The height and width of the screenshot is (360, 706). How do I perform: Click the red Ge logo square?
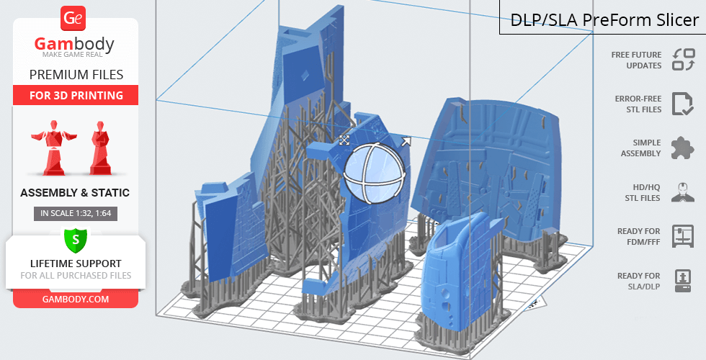pyautogui.click(x=73, y=19)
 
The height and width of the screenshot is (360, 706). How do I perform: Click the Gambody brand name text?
pyautogui.click(x=74, y=44)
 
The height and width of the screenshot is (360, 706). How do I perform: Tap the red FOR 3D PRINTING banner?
pyautogui.click(x=76, y=95)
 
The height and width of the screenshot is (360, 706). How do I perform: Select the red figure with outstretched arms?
pyautogui.click(x=54, y=147)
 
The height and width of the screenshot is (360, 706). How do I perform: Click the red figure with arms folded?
pyautogui.click(x=100, y=148)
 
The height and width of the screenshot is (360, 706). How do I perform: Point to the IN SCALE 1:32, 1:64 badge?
pyautogui.click(x=76, y=213)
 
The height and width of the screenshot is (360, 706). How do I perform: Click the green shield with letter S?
pyautogui.click(x=76, y=240)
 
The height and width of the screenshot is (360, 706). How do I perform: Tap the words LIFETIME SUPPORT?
pyautogui.click(x=76, y=264)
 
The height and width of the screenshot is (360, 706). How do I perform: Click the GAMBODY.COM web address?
pyautogui.click(x=76, y=300)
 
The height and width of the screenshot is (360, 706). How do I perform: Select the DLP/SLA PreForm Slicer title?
pyautogui.click(x=604, y=20)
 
